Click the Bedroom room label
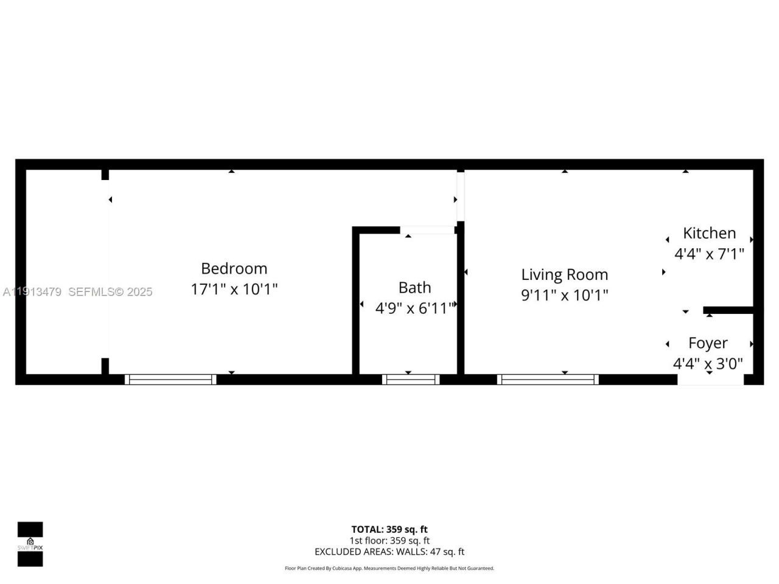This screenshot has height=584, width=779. (234, 268)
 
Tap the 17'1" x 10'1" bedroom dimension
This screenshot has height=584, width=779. (234, 289)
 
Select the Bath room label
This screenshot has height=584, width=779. (414, 287)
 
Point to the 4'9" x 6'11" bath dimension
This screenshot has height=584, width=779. (414, 308)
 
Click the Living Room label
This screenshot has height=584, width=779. (564, 274)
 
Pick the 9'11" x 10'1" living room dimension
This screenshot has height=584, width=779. (564, 295)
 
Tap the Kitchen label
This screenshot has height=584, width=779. (709, 233)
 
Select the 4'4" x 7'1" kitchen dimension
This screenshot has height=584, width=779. (709, 254)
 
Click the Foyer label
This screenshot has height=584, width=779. (708, 343)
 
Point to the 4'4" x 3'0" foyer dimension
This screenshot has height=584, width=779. (708, 364)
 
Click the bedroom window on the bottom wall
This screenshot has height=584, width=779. (170, 380)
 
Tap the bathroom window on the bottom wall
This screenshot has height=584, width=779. (411, 380)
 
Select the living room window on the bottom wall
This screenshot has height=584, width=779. (548, 380)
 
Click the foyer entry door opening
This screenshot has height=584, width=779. (710, 380)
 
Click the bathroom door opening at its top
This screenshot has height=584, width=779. (427, 230)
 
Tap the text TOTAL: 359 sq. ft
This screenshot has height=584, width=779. (389, 529)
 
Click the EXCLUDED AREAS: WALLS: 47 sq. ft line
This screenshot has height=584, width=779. (389, 552)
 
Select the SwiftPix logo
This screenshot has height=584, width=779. (30, 544)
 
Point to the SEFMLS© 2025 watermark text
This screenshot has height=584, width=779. (110, 292)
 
